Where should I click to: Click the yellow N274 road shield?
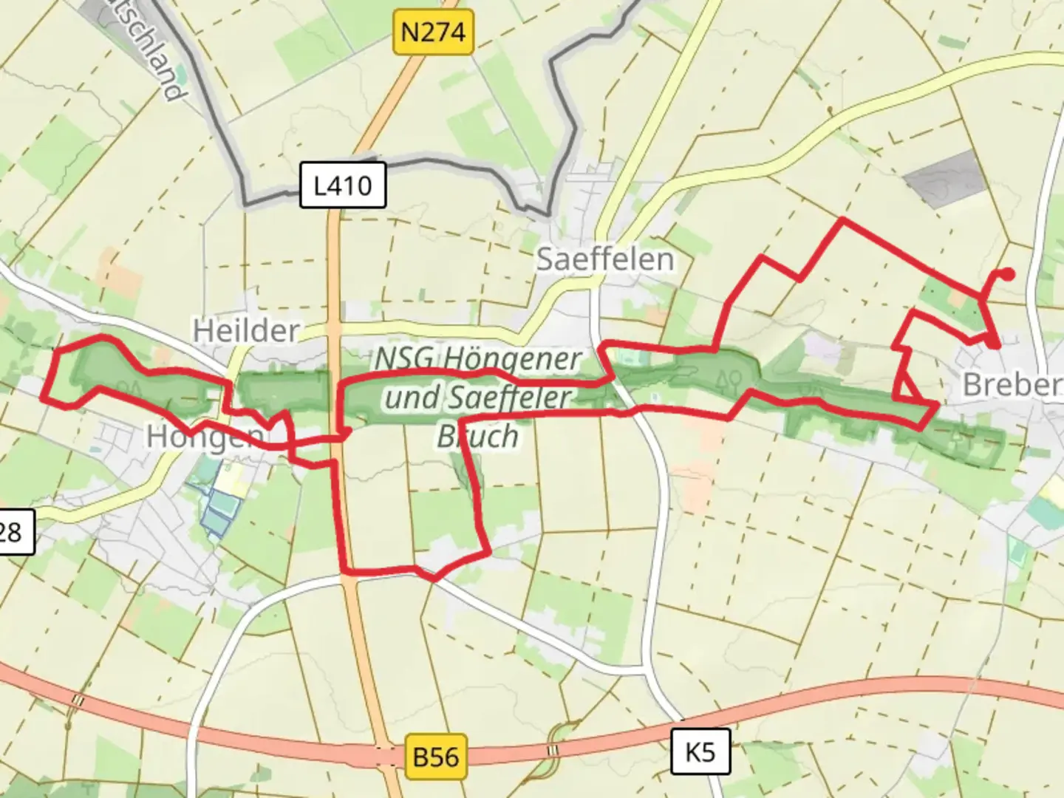433,33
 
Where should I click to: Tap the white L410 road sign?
343,185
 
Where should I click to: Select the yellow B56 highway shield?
436,757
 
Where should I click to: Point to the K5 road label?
700,752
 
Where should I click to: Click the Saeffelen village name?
604,259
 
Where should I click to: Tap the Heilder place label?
246,330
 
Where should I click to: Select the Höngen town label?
203,437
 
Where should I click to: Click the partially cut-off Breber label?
1012,384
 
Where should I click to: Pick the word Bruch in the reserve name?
477,437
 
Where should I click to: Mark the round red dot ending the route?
1007,274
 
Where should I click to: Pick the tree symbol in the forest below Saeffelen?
730,381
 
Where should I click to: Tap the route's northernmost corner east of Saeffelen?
842,219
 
